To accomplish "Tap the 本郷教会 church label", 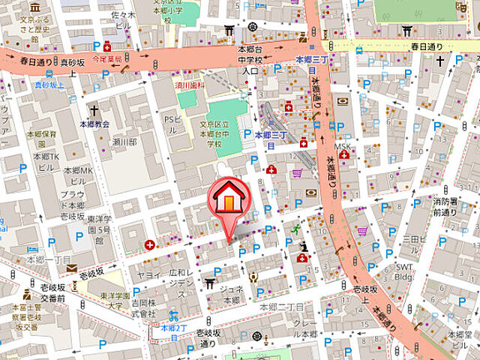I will coord(94,124).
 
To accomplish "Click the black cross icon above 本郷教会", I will coord(93,109).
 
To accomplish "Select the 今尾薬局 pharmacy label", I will coord(106,57).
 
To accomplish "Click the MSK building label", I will coord(342,146).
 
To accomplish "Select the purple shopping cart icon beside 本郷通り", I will coord(363,231).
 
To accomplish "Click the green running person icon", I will coord(296,229).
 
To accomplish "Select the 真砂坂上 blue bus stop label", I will coord(49,85).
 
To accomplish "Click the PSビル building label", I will coord(172,121).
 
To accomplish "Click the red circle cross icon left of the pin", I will coord(151,244).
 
